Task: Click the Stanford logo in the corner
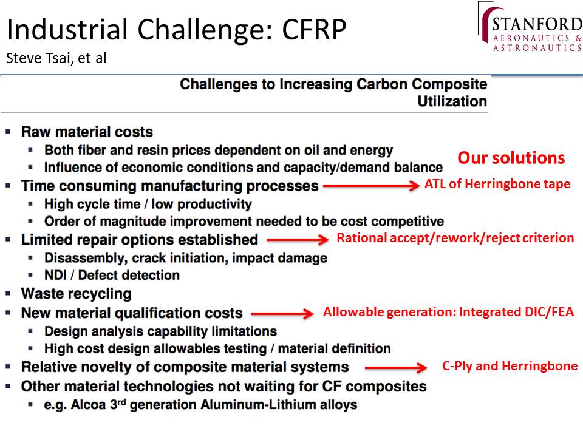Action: pos(530,27)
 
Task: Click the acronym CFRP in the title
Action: pos(314,29)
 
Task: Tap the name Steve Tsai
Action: pos(39,58)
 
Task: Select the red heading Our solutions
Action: pos(511,158)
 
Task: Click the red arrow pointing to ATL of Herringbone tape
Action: pos(372,185)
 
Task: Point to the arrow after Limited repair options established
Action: pos(298,240)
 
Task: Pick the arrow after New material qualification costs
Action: pos(282,314)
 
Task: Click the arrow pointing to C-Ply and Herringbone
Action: pos(396,368)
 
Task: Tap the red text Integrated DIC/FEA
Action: pos(516,312)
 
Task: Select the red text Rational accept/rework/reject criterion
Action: pos(455,238)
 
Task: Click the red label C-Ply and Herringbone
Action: pos(510,366)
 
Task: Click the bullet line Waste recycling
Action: pos(77,294)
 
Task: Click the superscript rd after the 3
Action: pos(122,401)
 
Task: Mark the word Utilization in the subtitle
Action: pos(452,101)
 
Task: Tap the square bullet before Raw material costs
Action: pos(8,132)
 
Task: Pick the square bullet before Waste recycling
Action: pos(8,294)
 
